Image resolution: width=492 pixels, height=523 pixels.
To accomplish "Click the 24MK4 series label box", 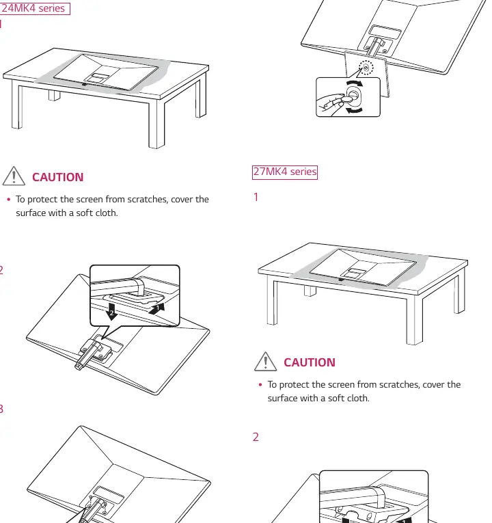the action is pos(35,8).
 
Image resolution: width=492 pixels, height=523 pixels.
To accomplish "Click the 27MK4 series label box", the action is pos(285,172).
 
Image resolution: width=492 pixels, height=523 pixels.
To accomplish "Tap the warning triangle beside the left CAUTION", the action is pos(14,176).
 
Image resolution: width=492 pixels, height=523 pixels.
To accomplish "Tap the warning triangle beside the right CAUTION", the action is pos(265,361).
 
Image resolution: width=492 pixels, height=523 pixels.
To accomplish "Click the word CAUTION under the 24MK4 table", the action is pos(57,177).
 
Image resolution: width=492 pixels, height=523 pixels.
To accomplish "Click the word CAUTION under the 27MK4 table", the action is pos(310,362).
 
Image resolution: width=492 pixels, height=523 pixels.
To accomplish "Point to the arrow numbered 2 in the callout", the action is pos(111,312).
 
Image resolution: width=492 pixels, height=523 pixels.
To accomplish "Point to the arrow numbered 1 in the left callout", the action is pos(156,308).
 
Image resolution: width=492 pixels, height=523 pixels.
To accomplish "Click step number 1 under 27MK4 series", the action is pos(256,197).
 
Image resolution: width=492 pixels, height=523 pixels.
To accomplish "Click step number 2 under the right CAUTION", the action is pos(256,437).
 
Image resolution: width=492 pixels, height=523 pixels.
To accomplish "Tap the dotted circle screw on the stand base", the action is pos(366,68).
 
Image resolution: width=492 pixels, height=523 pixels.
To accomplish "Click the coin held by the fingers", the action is pos(346,99).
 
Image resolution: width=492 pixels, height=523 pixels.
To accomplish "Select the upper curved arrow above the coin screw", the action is pos(355,83).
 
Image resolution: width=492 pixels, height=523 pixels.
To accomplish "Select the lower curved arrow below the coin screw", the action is pos(354,110).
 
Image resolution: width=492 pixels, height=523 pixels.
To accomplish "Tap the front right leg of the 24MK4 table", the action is pos(156,124).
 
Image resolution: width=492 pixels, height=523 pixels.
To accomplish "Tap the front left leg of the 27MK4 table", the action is pos(272,302).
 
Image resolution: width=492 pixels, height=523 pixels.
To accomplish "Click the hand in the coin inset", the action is pos(330,104).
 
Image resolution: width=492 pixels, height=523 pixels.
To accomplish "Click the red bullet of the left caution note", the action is pos(9,200).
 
